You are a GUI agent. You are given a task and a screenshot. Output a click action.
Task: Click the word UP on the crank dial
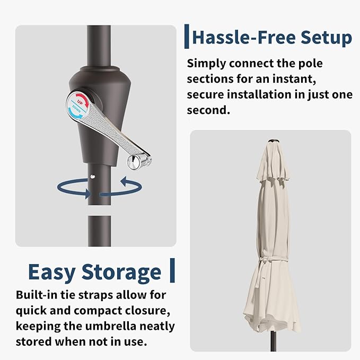click(x=80, y=102)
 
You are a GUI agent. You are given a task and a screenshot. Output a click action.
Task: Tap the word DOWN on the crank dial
click(x=76, y=109)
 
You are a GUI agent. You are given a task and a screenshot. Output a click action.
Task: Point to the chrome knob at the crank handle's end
click(x=134, y=162)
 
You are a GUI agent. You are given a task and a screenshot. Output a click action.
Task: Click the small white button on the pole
click(x=93, y=177)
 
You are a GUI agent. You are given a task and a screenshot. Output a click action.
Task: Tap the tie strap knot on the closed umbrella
click(x=264, y=260)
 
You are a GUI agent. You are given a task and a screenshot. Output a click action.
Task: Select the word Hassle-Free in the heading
click(x=243, y=37)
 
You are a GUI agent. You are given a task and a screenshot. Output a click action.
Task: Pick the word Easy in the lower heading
click(x=52, y=273)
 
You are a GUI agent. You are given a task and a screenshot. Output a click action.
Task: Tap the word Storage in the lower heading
click(x=121, y=273)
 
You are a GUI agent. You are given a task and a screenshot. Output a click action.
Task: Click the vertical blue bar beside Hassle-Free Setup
click(x=187, y=36)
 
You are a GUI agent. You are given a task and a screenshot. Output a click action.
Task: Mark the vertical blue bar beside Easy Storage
click(x=172, y=270)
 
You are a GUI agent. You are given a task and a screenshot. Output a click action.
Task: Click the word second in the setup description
click(x=208, y=110)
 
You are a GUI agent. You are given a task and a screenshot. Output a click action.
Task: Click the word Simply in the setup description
click(x=206, y=64)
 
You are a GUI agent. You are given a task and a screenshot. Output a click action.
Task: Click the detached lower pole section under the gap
click(x=100, y=231)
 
